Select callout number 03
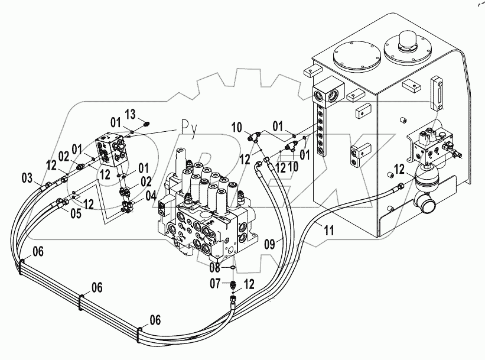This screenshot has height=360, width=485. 28,177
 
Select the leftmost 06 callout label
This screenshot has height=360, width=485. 37,251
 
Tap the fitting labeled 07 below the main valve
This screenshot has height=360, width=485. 233,284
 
